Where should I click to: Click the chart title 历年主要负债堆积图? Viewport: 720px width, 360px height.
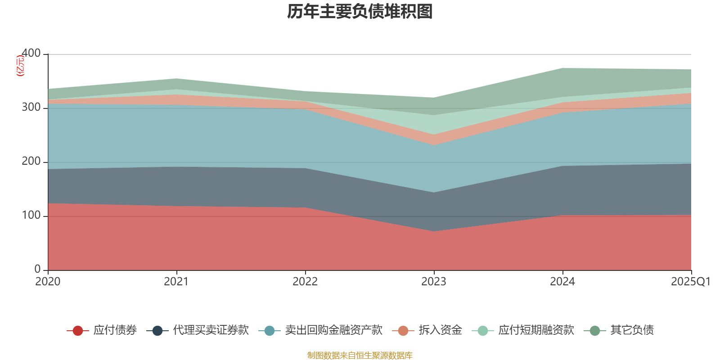pyautogui.click(x=360, y=12)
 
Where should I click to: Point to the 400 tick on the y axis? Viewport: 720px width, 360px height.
pyautogui.click(x=31, y=53)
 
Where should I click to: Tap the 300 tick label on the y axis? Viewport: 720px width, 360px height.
pyautogui.click(x=31, y=107)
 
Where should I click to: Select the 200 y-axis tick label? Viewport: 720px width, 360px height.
pyautogui.click(x=31, y=161)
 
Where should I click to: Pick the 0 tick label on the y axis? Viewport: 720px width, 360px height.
pyautogui.click(x=37, y=269)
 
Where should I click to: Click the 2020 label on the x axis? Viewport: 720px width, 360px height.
pyautogui.click(x=48, y=282)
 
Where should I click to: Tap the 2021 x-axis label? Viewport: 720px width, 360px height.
pyautogui.click(x=176, y=282)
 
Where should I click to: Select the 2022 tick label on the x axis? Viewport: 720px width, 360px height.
pyautogui.click(x=305, y=282)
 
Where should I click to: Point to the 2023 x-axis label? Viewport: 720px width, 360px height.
pyautogui.click(x=434, y=282)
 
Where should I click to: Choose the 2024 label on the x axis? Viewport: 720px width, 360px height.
pyautogui.click(x=562, y=282)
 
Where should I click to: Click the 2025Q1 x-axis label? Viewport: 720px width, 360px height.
pyautogui.click(x=690, y=282)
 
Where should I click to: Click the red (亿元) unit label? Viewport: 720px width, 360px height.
pyautogui.click(x=20, y=66)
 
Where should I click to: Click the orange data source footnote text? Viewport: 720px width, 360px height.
pyautogui.click(x=360, y=355)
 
